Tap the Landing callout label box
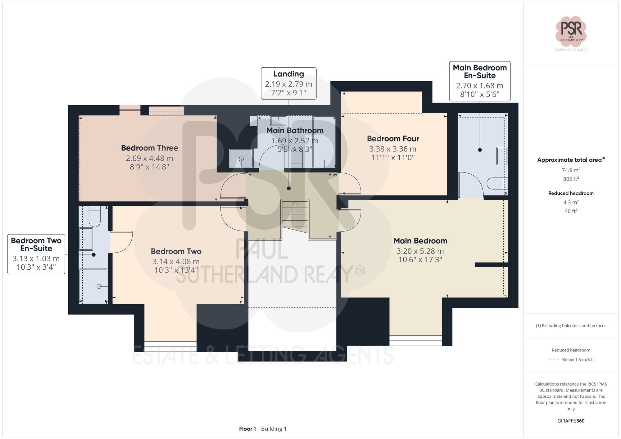tap(288, 83)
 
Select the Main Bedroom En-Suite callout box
tap(479, 81)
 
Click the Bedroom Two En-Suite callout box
tap(36, 254)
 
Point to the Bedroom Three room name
tap(149, 148)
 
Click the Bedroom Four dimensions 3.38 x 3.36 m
tap(392, 149)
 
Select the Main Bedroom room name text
tap(420, 241)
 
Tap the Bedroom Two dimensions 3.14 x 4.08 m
tap(176, 262)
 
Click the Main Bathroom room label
tap(295, 131)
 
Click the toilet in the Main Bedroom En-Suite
tap(496, 183)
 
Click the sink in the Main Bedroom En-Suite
tap(501, 156)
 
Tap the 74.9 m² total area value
tap(571, 170)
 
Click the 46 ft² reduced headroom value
tap(571, 211)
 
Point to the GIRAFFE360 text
tap(571, 421)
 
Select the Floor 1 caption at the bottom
tap(247, 429)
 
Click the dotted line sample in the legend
tap(553, 360)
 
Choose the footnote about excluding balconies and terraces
tap(571, 326)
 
